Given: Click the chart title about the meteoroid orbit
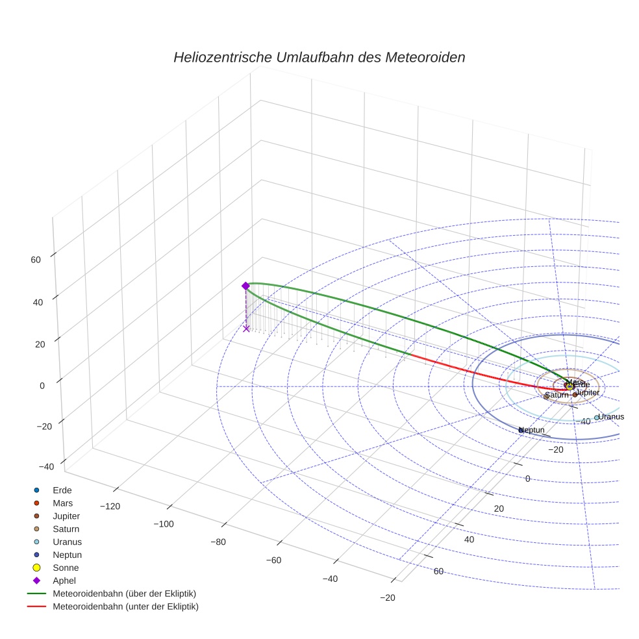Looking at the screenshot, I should (x=319, y=57).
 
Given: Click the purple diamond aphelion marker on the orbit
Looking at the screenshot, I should (x=245, y=286).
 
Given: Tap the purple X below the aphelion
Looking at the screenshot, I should (x=246, y=329).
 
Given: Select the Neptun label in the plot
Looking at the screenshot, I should (x=532, y=430).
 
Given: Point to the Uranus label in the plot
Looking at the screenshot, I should (x=611, y=416).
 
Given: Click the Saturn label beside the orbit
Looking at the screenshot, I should (x=557, y=395).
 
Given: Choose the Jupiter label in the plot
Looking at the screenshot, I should (x=588, y=393).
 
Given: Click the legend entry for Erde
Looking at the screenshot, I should (x=62, y=490).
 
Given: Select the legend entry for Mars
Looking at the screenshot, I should (x=63, y=503).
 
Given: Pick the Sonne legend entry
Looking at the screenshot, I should (x=66, y=568).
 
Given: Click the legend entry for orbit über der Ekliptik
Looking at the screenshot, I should (x=125, y=594).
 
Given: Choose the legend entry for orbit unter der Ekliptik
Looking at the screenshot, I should (x=125, y=607).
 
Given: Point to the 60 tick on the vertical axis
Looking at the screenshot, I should (x=36, y=260).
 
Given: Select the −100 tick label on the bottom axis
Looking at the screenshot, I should (x=163, y=524).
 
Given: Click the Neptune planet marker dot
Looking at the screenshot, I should (x=521, y=430).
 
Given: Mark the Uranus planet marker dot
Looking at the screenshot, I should (x=596, y=418).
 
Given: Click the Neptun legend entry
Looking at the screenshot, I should (x=67, y=555).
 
